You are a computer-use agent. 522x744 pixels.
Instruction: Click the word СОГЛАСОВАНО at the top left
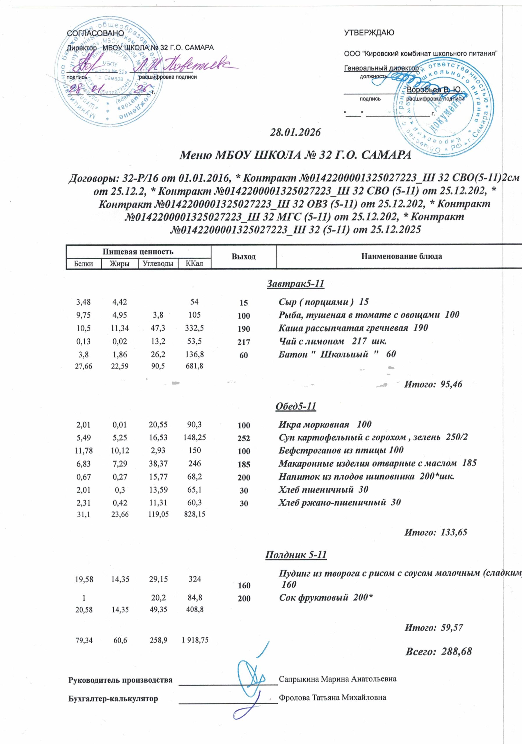[x=95, y=33]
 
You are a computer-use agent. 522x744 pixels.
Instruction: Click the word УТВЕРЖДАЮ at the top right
[x=369, y=33]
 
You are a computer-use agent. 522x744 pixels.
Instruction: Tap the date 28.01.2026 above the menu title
[x=295, y=133]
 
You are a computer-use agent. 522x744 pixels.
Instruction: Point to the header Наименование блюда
[x=401, y=257]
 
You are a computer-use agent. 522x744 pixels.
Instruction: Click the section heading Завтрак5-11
[x=295, y=284]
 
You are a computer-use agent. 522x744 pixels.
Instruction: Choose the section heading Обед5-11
[x=295, y=406]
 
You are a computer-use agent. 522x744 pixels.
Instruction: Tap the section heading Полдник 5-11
[x=296, y=555]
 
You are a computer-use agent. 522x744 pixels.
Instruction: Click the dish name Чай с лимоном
[x=311, y=341]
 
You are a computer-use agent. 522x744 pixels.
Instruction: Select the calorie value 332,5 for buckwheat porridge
[x=194, y=328]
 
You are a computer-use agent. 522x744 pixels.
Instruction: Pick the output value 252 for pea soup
[x=243, y=439]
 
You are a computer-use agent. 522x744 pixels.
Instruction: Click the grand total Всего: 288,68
[x=439, y=652]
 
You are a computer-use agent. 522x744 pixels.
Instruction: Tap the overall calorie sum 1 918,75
[x=194, y=640]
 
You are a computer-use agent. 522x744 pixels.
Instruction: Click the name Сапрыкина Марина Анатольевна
[x=338, y=679]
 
